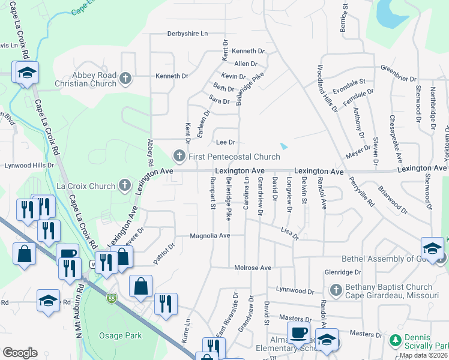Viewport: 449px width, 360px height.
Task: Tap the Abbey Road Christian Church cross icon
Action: coord(125,77)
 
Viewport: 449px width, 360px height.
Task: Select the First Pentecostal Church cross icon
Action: coord(179,157)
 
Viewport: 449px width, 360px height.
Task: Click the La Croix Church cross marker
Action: coord(125,185)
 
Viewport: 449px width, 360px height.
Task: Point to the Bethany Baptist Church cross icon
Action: coord(336,290)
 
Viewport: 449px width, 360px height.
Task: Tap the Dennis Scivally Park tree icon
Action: coord(394,341)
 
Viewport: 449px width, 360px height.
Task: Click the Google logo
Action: coord(20,352)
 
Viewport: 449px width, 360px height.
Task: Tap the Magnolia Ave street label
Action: coord(210,236)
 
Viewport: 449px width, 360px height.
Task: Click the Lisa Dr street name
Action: coord(290,233)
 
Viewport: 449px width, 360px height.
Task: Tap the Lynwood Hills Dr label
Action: coord(29,165)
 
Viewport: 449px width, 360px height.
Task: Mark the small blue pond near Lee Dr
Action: coord(284,146)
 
